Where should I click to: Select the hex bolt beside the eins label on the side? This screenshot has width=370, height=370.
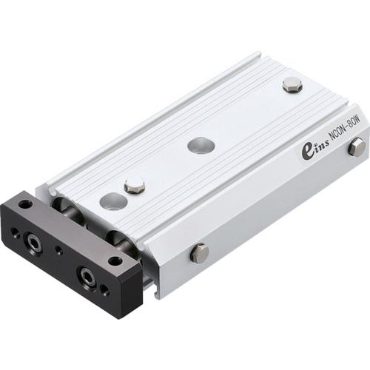[x=356, y=146]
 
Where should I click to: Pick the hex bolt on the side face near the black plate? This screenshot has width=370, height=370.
[x=199, y=253]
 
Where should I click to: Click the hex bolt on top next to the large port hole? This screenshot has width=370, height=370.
[x=134, y=186]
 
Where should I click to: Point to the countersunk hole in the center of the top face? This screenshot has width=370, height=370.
[x=201, y=145]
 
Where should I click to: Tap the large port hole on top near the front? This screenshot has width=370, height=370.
[x=111, y=201]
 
